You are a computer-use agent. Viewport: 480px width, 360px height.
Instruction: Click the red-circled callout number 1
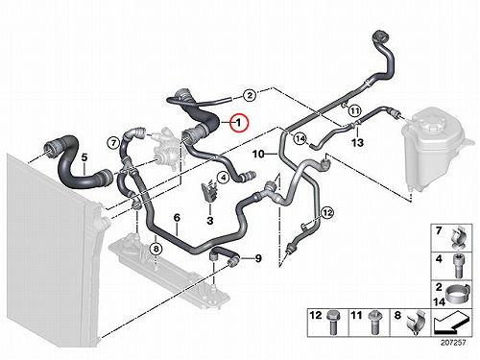tap(239, 123)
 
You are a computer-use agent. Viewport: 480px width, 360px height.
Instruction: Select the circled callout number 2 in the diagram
tap(250, 95)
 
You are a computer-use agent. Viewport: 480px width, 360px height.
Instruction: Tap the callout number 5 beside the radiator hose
tap(84, 157)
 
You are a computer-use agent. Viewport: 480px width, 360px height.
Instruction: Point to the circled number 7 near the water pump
tap(113, 143)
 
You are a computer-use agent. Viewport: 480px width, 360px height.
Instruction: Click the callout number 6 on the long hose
tap(177, 218)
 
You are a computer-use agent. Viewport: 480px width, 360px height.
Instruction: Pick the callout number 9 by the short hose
tap(258, 258)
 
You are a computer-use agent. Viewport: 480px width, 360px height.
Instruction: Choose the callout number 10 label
tap(258, 155)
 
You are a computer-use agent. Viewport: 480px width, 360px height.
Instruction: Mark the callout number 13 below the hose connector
tap(357, 142)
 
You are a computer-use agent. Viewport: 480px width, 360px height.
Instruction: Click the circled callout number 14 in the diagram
tap(300, 139)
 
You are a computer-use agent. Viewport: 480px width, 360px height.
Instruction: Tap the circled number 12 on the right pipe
tap(327, 212)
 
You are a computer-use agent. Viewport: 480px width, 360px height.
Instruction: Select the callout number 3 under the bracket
tap(210, 221)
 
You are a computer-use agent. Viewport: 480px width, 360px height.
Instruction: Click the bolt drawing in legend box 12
tap(331, 323)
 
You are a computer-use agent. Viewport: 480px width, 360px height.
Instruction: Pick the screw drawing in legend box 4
tap(458, 266)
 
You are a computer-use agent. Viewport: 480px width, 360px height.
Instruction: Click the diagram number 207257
tap(453, 343)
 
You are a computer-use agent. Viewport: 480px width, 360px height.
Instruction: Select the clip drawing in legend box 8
tap(416, 323)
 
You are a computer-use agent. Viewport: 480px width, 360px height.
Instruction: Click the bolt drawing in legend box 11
tap(373, 323)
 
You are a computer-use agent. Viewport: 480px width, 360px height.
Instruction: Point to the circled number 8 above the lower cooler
tap(156, 249)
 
